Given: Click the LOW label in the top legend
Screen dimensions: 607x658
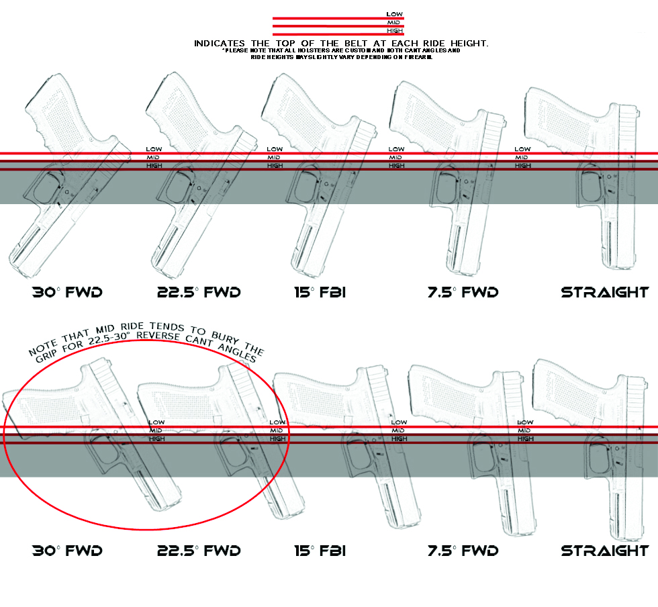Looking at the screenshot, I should [x=395, y=14].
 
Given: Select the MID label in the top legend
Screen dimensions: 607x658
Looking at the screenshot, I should [x=395, y=22].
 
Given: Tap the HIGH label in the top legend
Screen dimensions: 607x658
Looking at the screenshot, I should [x=395, y=31].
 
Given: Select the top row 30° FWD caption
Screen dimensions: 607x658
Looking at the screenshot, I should [x=67, y=293].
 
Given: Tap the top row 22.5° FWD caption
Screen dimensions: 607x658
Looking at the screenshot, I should [x=199, y=293].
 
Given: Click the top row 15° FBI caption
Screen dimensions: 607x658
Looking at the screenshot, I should [x=320, y=293].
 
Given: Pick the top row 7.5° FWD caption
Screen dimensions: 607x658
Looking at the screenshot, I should [x=463, y=293].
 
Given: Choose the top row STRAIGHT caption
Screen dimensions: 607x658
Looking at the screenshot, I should [x=605, y=293].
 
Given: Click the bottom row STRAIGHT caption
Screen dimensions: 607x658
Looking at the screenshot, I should [x=605, y=551].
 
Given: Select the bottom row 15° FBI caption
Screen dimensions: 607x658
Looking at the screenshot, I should [x=320, y=551].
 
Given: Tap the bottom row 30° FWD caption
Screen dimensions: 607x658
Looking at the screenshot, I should [x=67, y=551].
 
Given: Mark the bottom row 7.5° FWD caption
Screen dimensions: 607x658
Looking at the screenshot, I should [x=463, y=551].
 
